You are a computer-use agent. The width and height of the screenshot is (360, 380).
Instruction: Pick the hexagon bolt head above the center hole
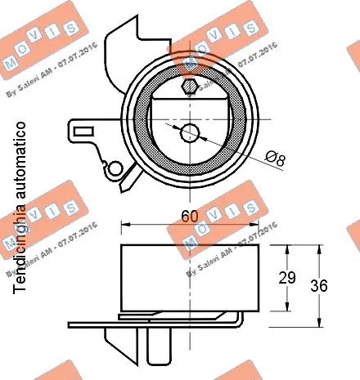click(x=189, y=85)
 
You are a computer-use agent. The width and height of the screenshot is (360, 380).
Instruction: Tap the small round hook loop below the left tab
click(x=116, y=168)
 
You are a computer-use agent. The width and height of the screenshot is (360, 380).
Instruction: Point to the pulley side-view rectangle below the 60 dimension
click(x=189, y=278)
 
